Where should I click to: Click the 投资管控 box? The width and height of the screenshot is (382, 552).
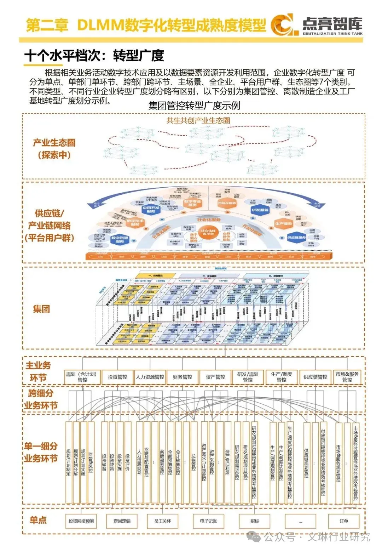click(117, 377)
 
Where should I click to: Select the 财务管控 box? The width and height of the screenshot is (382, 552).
click(183, 377)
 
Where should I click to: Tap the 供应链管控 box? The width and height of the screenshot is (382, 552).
click(315, 377)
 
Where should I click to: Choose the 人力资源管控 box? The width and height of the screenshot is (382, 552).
click(150, 377)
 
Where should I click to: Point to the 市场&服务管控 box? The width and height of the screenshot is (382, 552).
click(347, 377)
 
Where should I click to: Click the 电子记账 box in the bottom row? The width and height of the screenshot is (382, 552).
click(208, 521)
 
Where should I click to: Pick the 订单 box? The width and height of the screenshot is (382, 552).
click(344, 521)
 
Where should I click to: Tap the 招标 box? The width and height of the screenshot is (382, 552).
click(255, 521)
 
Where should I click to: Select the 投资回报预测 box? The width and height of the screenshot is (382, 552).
click(81, 521)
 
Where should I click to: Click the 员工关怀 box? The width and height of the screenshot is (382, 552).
click(163, 521)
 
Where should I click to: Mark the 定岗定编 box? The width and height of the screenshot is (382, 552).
click(122, 521)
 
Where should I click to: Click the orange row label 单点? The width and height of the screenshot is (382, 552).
click(38, 520)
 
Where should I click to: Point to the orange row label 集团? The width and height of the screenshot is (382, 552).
click(41, 309)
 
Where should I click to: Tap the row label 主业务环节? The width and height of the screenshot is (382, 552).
click(38, 371)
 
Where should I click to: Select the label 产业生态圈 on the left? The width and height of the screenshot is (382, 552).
click(54, 143)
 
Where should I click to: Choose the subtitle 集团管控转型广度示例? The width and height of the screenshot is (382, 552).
click(194, 106)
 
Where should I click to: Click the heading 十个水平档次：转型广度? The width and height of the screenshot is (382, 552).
click(94, 56)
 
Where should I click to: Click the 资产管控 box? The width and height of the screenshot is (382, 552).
click(215, 377)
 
